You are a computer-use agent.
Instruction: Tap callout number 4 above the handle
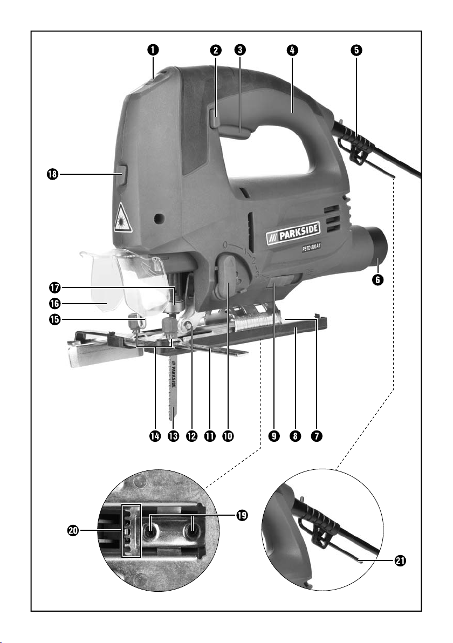click(x=292, y=50)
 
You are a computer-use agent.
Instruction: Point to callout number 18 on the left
click(x=52, y=174)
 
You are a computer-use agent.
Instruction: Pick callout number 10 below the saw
click(x=228, y=435)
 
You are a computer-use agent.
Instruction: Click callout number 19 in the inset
click(x=242, y=516)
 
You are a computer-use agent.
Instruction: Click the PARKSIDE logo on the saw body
click(x=293, y=233)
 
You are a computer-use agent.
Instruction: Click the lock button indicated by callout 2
click(x=214, y=117)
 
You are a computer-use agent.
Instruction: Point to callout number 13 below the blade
click(x=174, y=435)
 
